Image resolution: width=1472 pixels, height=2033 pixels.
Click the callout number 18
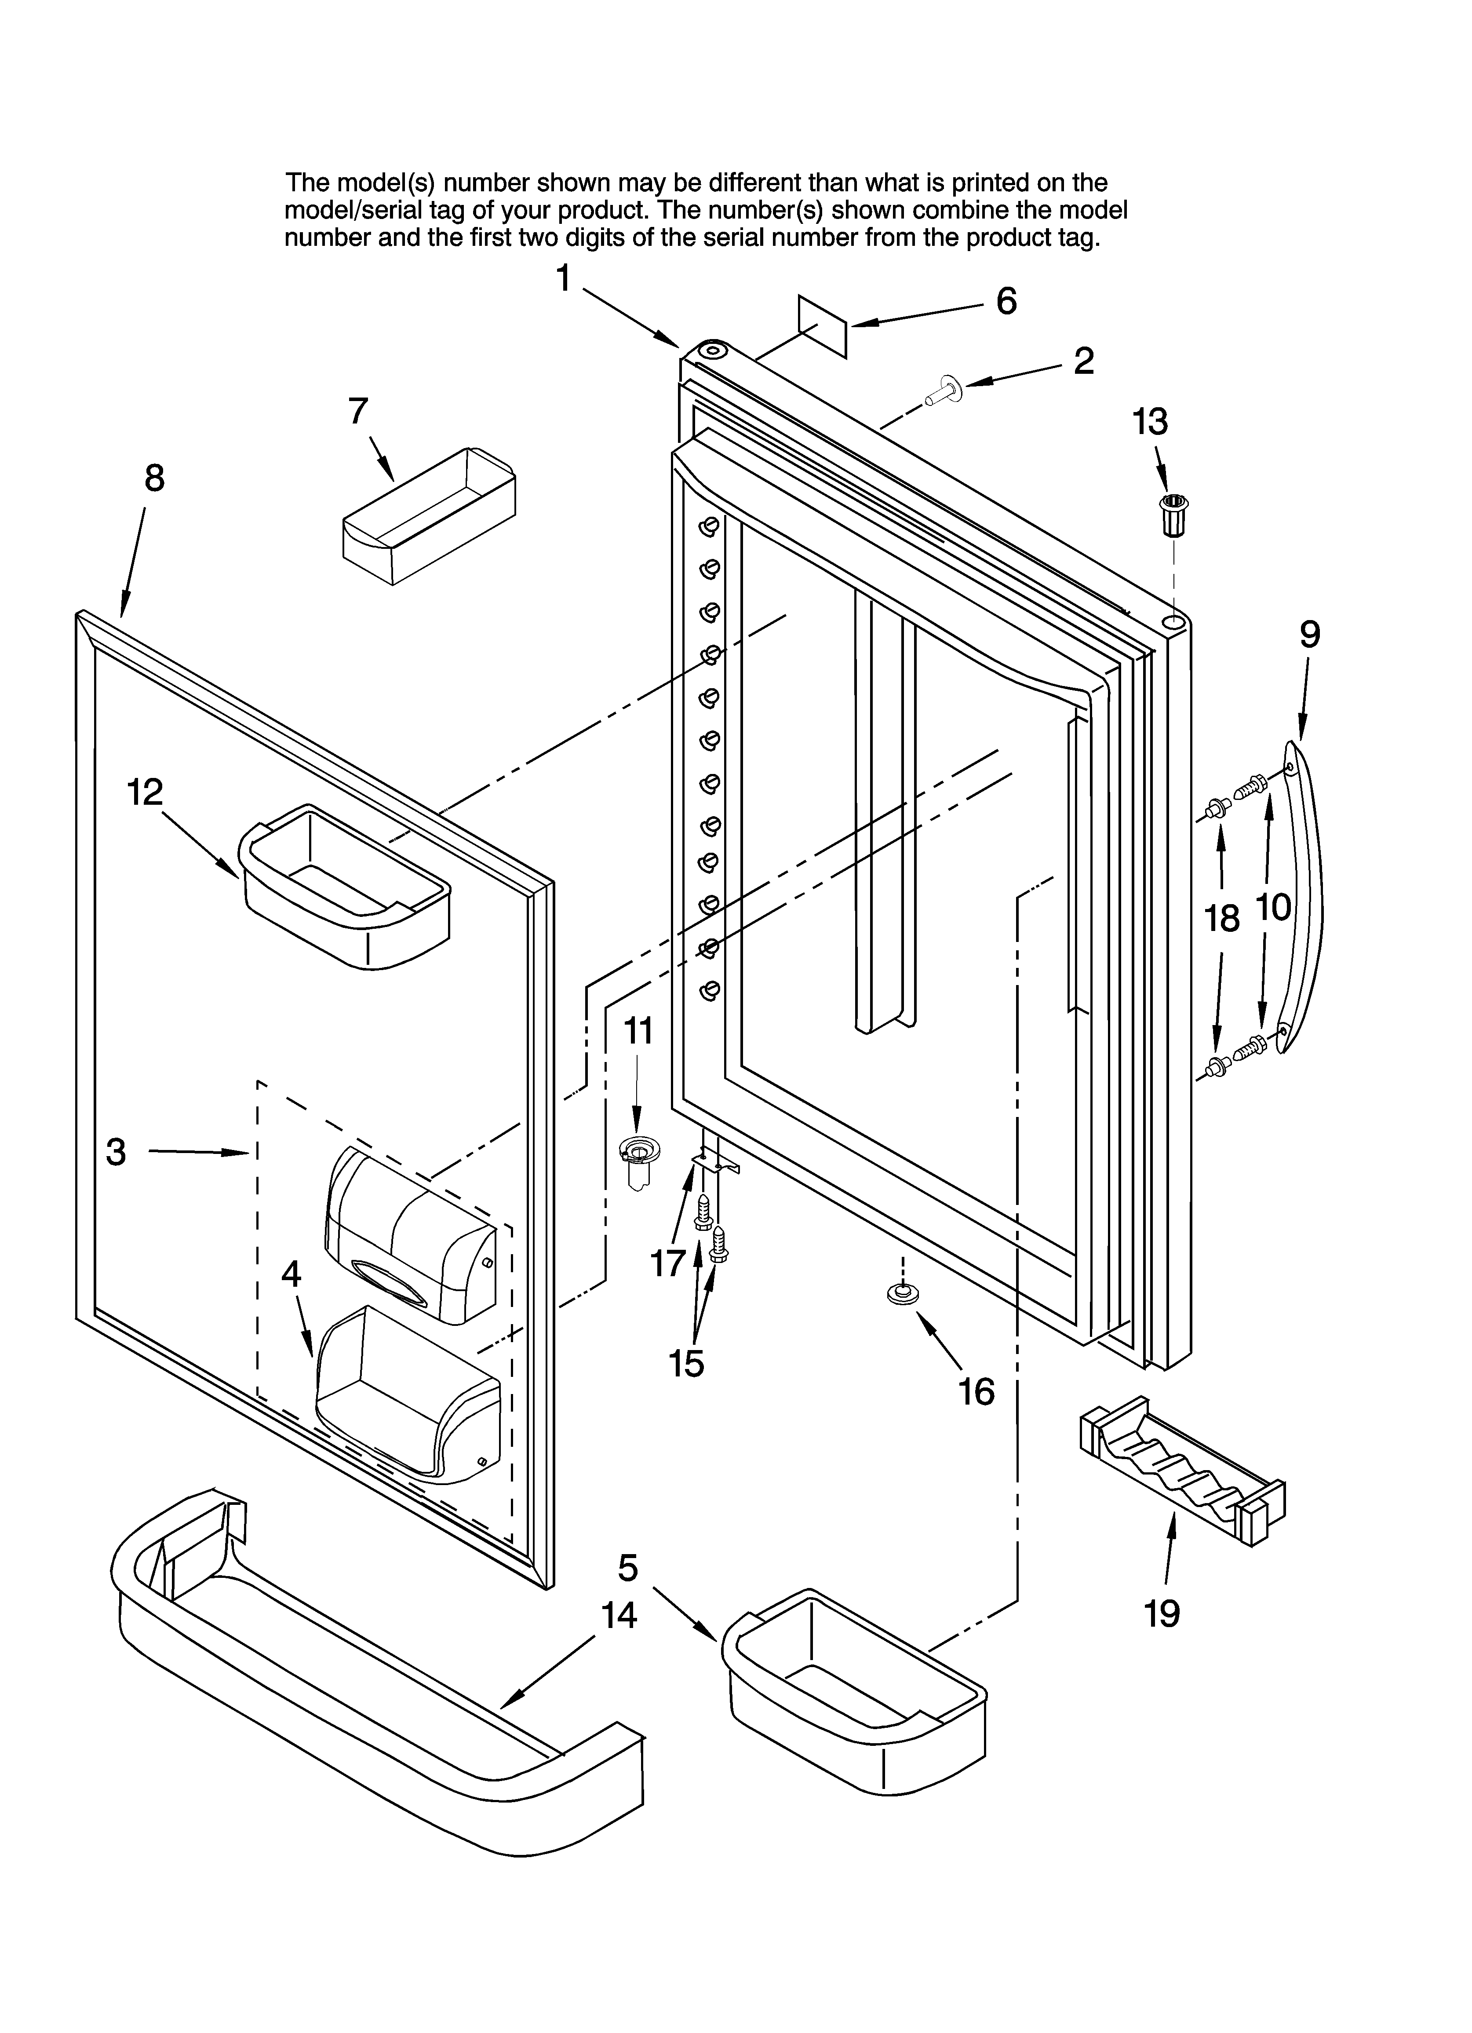tap(1221, 918)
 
